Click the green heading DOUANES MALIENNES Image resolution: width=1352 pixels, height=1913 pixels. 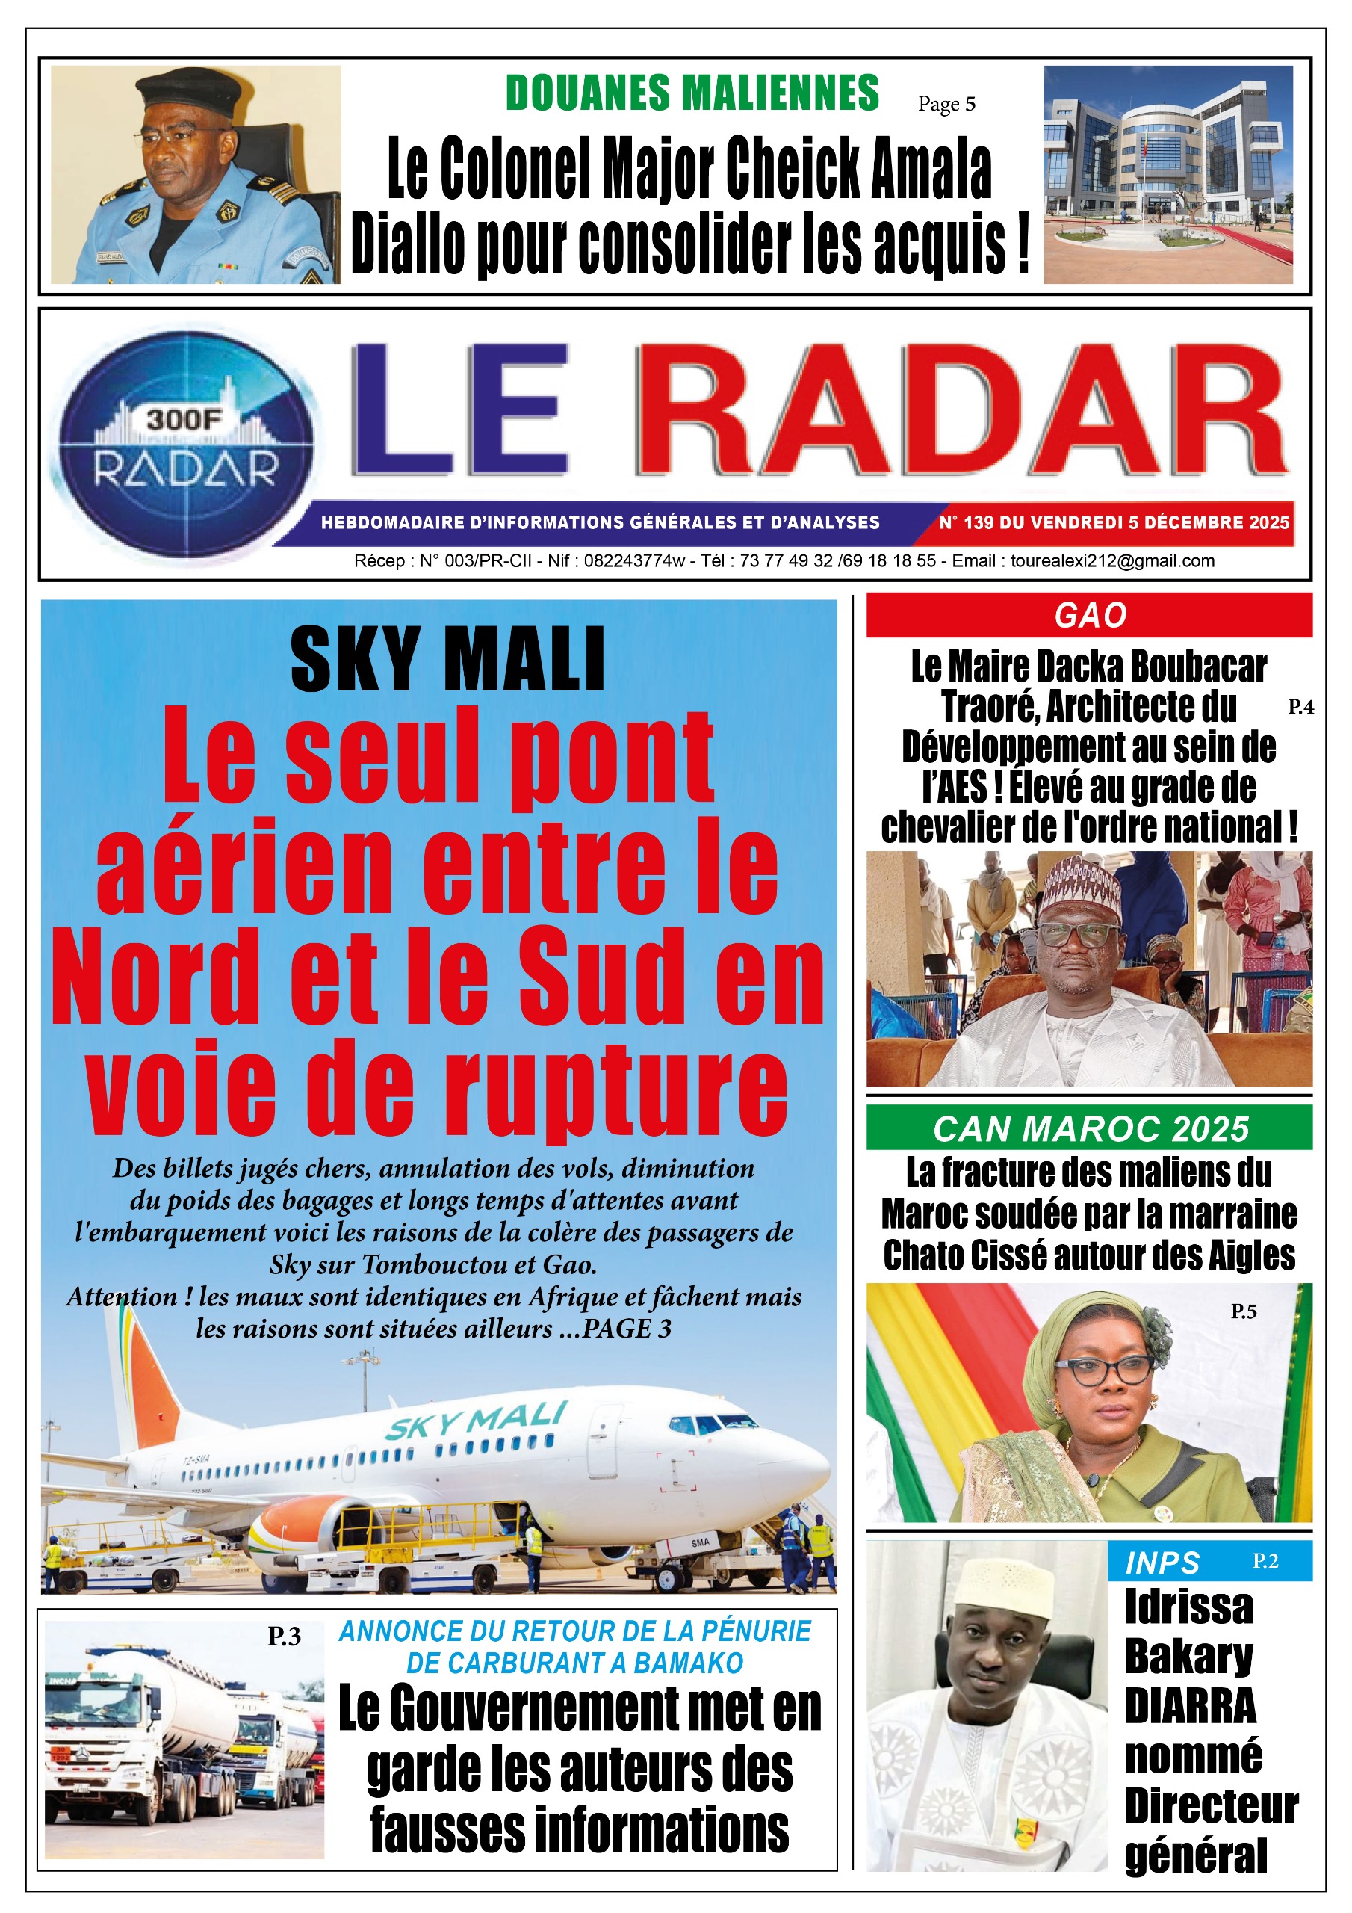(x=692, y=93)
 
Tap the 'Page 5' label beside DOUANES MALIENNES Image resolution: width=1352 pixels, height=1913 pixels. (x=946, y=104)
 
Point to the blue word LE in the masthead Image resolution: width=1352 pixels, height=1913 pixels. (x=461, y=411)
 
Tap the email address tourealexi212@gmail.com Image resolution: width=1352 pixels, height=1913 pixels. (x=1112, y=560)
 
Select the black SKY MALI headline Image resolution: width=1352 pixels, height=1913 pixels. (x=447, y=661)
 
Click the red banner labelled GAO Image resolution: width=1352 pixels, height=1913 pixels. (x=1089, y=615)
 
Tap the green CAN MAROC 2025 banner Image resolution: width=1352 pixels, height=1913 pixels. (x=1089, y=1129)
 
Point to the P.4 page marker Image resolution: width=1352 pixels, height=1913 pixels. (x=1300, y=707)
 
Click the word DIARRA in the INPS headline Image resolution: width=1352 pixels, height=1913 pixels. (x=1190, y=1705)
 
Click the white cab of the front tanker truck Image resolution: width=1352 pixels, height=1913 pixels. (x=100, y=1725)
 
